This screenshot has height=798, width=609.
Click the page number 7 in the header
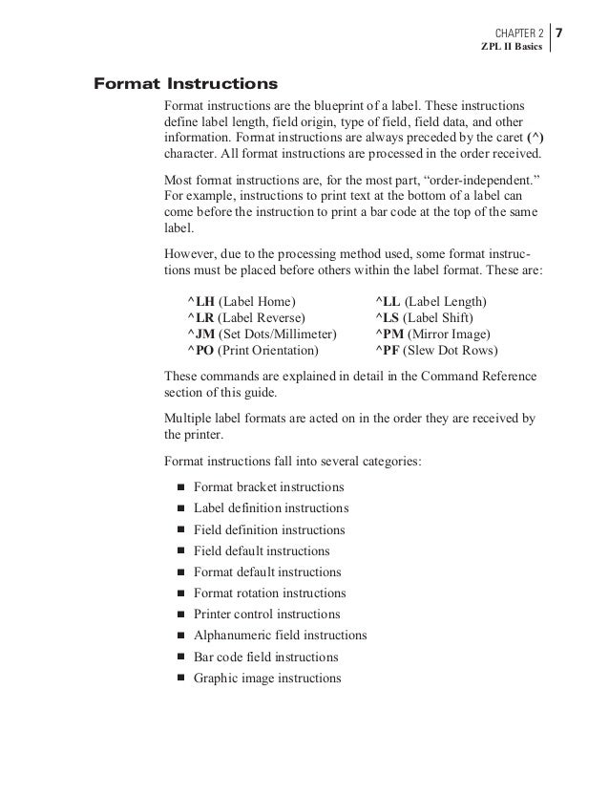(x=559, y=33)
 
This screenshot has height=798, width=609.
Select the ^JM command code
(x=200, y=334)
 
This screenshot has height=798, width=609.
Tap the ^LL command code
(x=388, y=301)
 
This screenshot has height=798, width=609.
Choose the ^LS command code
(x=387, y=317)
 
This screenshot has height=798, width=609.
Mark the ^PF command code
(x=388, y=350)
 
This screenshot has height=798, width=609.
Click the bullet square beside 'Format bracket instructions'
(x=180, y=487)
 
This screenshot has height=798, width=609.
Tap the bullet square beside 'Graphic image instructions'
(x=180, y=679)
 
